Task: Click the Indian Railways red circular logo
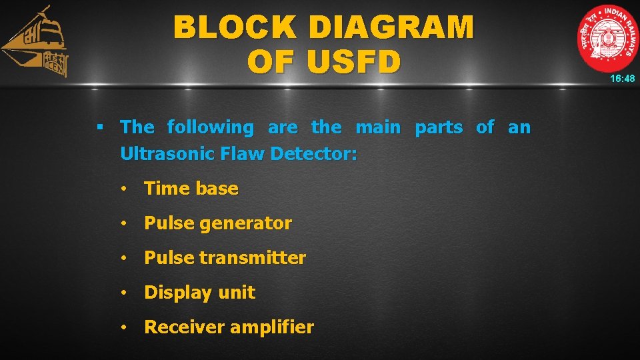[x=607, y=38]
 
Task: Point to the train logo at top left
[x=37, y=43]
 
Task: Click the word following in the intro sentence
[x=211, y=127]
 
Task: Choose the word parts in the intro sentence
[x=439, y=127]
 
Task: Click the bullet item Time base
[x=191, y=189]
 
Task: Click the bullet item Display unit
[x=199, y=293]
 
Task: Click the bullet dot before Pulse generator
[x=124, y=224]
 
